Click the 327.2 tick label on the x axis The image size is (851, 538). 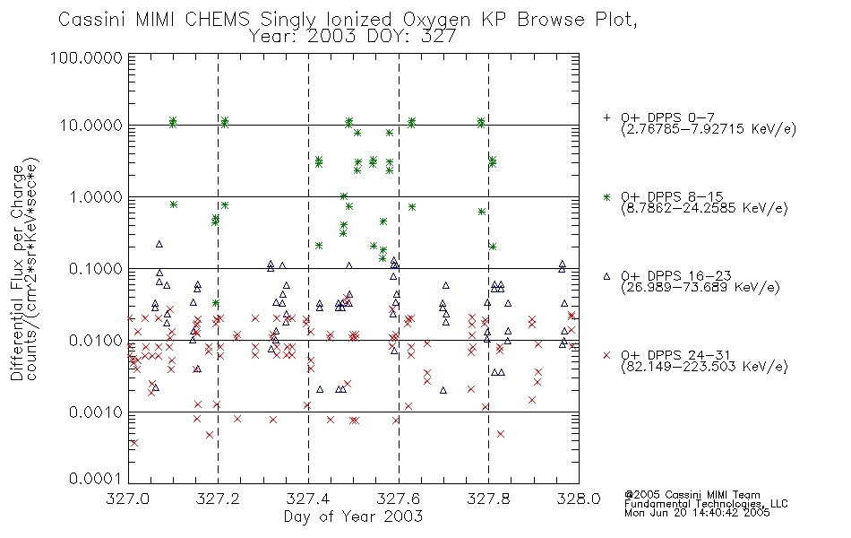[x=219, y=499]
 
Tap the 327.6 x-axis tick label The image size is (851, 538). [x=399, y=499]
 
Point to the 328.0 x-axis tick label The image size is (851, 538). [x=579, y=499]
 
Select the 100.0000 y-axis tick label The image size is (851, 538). [x=87, y=57]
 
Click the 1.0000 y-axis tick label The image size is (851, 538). [x=96, y=196]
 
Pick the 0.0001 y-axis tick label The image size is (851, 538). [x=96, y=479]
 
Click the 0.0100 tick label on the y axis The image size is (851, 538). [x=96, y=341]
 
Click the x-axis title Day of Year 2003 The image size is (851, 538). [x=353, y=516]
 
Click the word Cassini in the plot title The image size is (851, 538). [x=93, y=20]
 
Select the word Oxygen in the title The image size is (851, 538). [x=437, y=20]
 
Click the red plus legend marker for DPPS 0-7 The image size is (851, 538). [x=606, y=117]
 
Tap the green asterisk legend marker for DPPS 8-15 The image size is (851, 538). [x=606, y=196]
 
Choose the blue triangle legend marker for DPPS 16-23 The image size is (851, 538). [x=606, y=276]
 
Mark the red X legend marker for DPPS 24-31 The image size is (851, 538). [x=606, y=355]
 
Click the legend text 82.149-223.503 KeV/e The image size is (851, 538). [x=704, y=367]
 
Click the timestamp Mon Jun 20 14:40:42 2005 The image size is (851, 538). [x=697, y=513]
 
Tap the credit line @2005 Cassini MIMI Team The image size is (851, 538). [x=692, y=495]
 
